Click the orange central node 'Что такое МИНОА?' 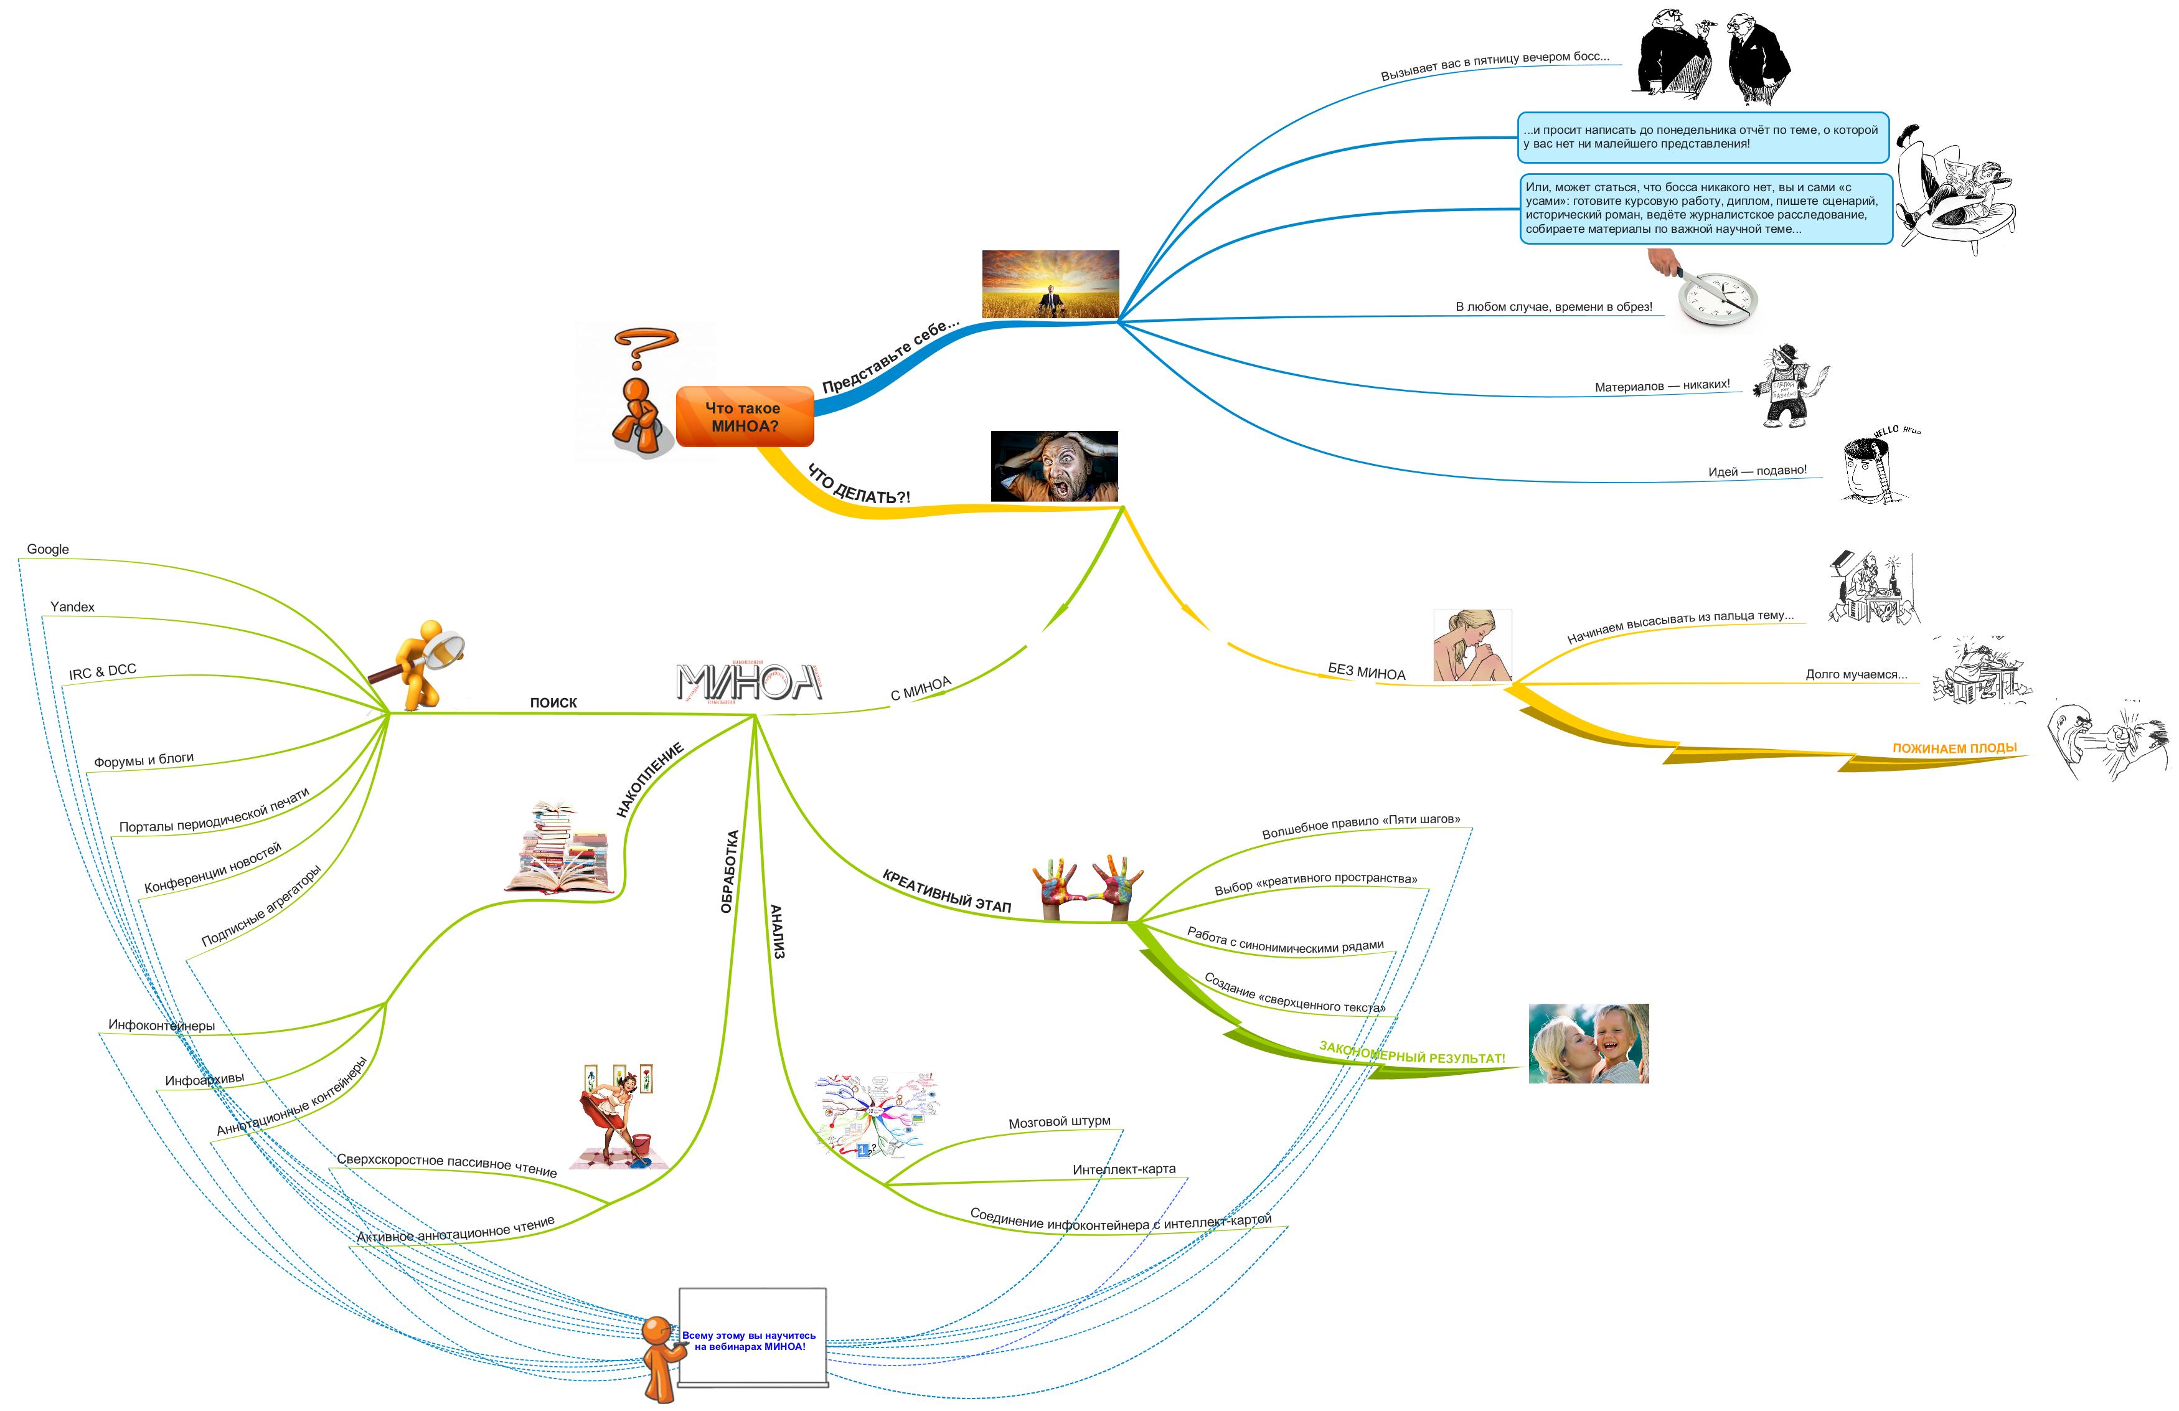(745, 417)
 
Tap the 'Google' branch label (47, 549)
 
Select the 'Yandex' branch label (72, 607)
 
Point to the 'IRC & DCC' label (103, 672)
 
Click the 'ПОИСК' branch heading (553, 702)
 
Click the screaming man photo (1054, 466)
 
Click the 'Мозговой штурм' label (1059, 1123)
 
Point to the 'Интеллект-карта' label (1123, 1170)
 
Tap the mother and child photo (1588, 1044)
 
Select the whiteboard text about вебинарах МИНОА (749, 1341)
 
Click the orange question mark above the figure (646, 349)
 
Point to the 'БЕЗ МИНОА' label (1366, 672)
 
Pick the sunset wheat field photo (1050, 284)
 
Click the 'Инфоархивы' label (204, 1080)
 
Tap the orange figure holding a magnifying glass (423, 666)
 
